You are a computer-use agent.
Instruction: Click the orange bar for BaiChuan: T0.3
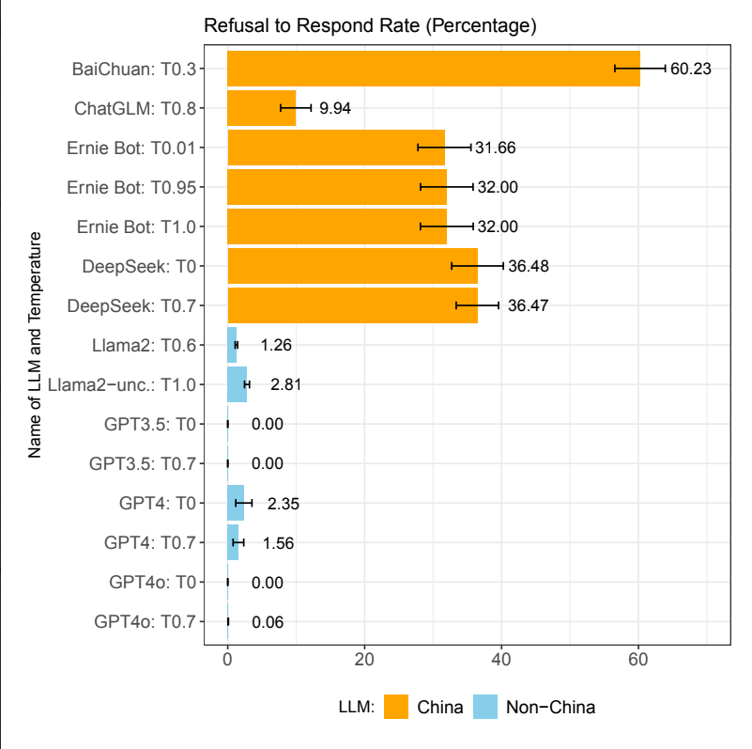coord(433,69)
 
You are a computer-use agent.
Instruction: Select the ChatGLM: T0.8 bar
coord(261,108)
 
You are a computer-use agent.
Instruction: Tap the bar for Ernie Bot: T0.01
coord(335,148)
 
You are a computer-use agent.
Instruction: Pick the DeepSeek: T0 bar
coord(352,266)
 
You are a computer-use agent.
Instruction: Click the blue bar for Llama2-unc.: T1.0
coord(237,384)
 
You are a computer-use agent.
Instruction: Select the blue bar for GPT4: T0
coord(236,503)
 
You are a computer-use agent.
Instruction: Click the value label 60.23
coord(691,69)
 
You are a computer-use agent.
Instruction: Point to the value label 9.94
coord(335,108)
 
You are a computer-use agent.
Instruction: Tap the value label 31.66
coord(496,148)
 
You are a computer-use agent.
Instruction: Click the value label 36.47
coord(529,305)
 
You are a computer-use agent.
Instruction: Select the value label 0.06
coord(268,621)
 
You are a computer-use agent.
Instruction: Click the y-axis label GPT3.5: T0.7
coord(142,463)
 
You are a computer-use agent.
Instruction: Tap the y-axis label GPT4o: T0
coord(151,582)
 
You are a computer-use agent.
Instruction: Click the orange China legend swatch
coord(396,707)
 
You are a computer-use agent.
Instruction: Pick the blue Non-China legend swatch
coord(484,707)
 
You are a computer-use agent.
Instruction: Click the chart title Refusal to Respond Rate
coord(370,25)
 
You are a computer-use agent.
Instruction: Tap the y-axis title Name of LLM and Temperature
coord(36,344)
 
